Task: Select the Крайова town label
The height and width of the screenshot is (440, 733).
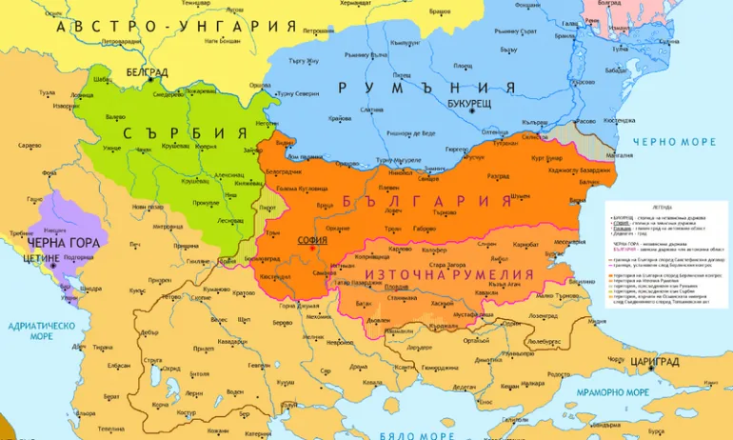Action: [339, 118]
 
